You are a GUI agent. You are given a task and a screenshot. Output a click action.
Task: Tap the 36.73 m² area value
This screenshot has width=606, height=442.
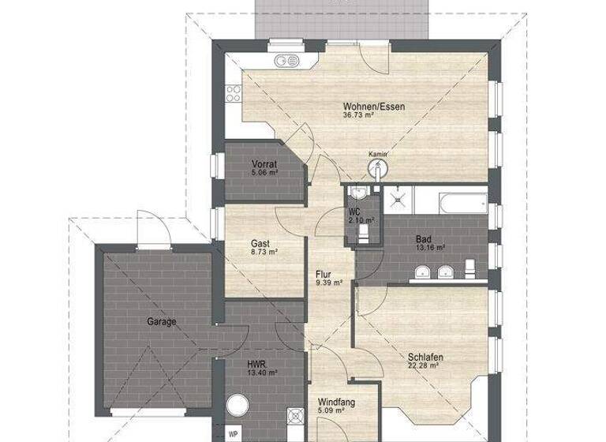358,115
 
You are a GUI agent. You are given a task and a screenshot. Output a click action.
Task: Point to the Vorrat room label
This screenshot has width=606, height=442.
264,163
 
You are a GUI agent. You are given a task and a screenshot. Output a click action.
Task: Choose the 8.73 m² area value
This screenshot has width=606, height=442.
264,252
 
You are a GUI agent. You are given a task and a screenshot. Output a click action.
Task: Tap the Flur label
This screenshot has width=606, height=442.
324,274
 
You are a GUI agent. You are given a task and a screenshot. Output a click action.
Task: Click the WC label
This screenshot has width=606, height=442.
354,211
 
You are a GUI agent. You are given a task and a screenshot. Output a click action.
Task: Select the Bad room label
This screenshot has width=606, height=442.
424,238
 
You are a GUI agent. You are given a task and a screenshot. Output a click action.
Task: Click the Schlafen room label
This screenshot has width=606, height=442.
425,357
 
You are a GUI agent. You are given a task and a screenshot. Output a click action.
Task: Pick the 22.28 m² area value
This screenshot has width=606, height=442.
426,366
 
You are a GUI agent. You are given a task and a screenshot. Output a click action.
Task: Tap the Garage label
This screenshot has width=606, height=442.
160,321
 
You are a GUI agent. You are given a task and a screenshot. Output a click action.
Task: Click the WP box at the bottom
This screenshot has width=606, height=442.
233,433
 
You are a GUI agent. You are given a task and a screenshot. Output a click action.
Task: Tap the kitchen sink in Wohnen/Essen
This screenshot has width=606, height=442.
282,61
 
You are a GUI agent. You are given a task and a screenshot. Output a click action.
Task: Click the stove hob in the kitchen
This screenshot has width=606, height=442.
234,94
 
